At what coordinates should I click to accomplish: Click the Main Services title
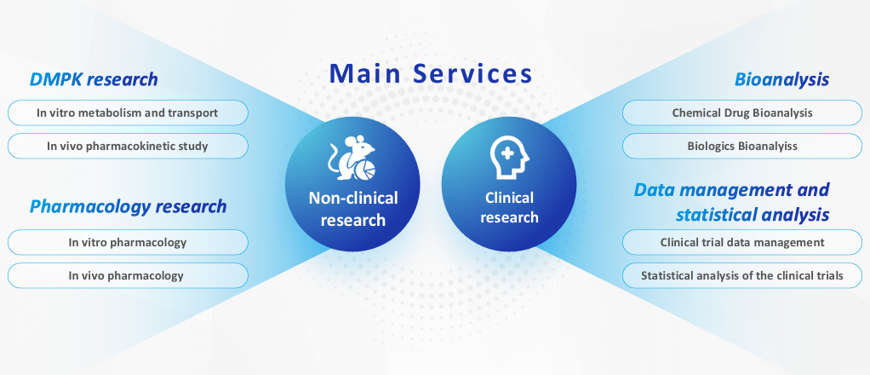(431, 73)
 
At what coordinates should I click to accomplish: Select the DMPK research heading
(94, 79)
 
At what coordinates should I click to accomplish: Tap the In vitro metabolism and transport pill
(128, 112)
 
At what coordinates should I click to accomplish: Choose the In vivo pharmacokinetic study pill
(128, 146)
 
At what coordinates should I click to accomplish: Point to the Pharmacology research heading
(129, 206)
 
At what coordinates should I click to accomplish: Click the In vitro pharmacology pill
(128, 242)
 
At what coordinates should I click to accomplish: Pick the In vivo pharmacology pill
(128, 275)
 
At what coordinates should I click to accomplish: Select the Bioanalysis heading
(781, 79)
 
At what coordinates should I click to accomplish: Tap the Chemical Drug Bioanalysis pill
(742, 112)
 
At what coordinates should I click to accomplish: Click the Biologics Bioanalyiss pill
(742, 146)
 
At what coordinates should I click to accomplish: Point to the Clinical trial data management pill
(742, 242)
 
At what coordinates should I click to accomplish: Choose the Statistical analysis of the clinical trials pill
(742, 275)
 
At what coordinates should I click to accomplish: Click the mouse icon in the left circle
(352, 158)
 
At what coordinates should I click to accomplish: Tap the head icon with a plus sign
(509, 158)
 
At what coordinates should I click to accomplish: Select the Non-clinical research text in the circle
(353, 208)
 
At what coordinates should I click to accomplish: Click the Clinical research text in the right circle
(509, 207)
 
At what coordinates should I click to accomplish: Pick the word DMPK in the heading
(55, 79)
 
